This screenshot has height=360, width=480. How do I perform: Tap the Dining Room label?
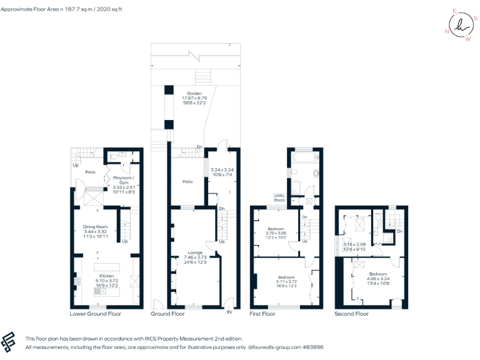tap(96, 226)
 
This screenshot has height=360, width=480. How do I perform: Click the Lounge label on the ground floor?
tap(195, 252)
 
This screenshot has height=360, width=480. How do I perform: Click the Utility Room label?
tap(279, 197)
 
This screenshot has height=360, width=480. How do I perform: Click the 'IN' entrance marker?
tap(229, 311)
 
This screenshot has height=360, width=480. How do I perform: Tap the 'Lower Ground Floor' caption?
tap(96, 314)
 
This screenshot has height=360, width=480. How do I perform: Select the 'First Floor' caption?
tap(262, 314)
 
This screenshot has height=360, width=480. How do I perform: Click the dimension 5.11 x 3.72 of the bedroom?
tap(286, 281)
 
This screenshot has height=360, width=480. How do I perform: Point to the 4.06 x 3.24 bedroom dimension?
tap(377, 278)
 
